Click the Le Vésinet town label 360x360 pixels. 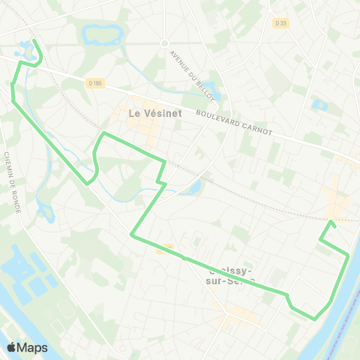click(x=146, y=114)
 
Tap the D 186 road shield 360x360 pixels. click(x=93, y=82)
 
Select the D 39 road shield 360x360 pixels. click(x=281, y=22)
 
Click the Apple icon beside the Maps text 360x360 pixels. click(x=11, y=347)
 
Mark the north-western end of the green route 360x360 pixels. click(x=34, y=40)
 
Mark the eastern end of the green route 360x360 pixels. click(x=331, y=222)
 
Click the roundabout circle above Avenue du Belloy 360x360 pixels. click(x=164, y=43)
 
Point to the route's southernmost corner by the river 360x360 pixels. click(x=315, y=318)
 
